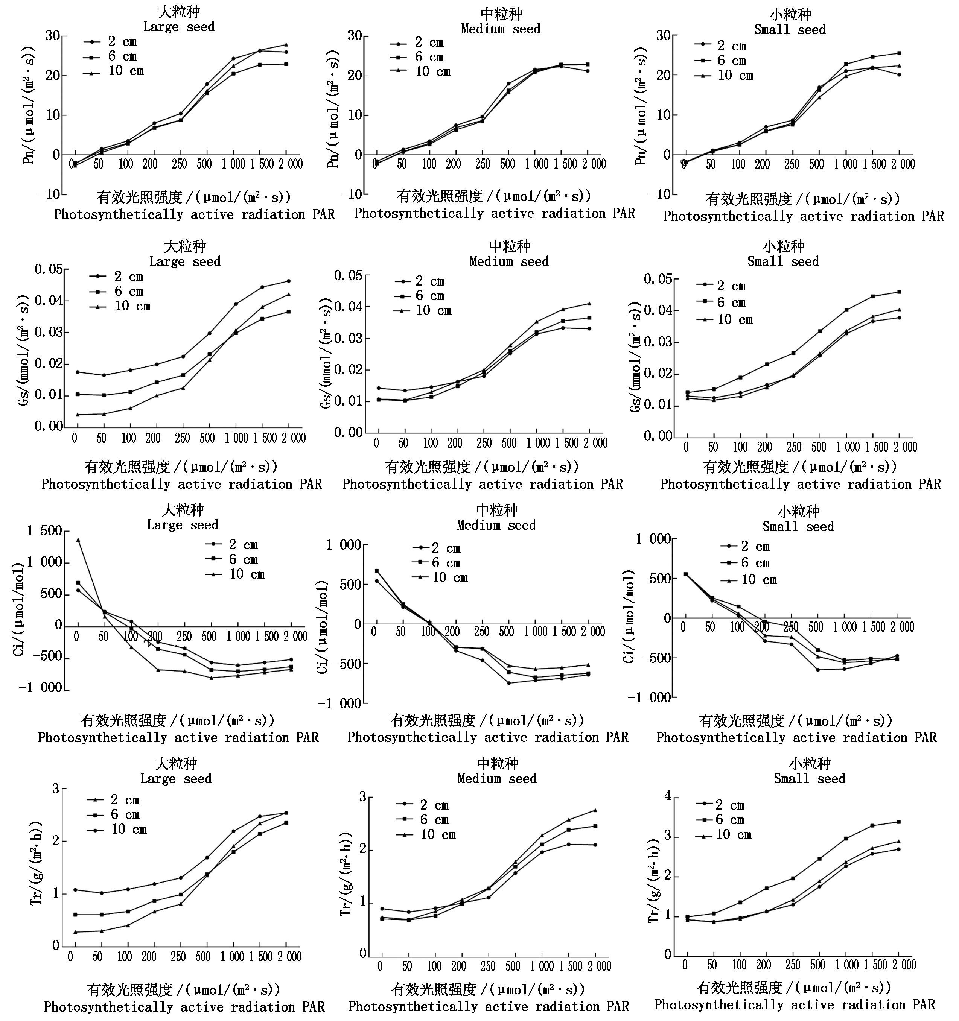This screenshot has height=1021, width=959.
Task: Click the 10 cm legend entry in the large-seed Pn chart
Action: [x=114, y=71]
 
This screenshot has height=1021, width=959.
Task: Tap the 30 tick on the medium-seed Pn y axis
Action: [x=355, y=36]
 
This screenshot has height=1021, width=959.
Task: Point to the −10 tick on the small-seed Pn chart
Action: [x=660, y=194]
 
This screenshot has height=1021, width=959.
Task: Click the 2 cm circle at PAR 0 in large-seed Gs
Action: [x=78, y=372]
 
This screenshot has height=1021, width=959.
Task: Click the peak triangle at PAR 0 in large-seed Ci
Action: [x=78, y=540]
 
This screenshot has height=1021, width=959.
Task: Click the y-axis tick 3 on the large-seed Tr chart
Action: [x=55, y=789]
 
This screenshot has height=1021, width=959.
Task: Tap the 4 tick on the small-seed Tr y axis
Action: [x=668, y=796]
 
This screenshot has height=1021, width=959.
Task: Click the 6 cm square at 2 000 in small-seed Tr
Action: [x=898, y=822]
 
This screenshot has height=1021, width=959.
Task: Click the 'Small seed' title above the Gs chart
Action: [x=783, y=261]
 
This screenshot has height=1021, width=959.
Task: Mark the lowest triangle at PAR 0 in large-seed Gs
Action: [x=78, y=415]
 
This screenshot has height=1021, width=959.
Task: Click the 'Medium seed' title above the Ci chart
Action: [x=496, y=525]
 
